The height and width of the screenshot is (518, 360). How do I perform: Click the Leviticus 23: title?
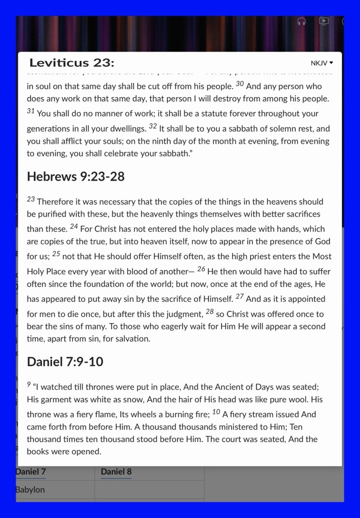[72, 63]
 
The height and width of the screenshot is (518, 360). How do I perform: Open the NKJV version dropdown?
[322, 63]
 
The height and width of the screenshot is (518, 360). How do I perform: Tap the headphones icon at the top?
[301, 21]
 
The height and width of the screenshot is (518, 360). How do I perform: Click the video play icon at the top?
[324, 21]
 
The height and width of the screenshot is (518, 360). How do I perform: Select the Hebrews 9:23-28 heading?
[76, 177]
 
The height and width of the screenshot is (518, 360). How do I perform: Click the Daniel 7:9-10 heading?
[65, 362]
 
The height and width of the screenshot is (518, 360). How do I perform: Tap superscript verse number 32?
[153, 126]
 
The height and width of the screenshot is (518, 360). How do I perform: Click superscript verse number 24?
[74, 226]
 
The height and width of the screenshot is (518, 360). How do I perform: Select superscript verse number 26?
[201, 269]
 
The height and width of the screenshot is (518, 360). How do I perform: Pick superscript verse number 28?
[210, 311]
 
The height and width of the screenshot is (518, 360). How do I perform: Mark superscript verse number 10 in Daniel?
[216, 412]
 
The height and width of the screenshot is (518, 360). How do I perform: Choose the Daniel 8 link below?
[116, 471]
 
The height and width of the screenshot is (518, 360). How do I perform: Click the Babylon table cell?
[30, 490]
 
